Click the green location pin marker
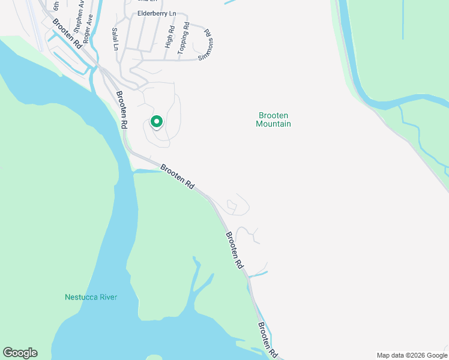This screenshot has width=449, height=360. click(x=156, y=122)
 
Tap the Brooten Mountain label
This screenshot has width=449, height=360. click(x=273, y=119)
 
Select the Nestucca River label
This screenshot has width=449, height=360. click(x=91, y=297)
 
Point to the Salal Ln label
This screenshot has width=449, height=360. click(x=115, y=39)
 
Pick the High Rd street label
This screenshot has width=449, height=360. click(x=170, y=37)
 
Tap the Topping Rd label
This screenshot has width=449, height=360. click(x=184, y=40)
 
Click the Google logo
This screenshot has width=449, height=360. click(x=20, y=353)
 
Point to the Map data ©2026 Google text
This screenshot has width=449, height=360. click(x=411, y=355)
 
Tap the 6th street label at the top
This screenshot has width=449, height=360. click(x=56, y=6)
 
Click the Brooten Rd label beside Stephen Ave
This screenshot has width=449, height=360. click(x=66, y=34)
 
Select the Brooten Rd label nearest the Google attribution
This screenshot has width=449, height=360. click(x=268, y=340)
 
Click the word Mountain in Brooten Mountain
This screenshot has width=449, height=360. click(x=273, y=124)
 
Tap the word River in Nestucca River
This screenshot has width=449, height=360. click(x=107, y=297)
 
